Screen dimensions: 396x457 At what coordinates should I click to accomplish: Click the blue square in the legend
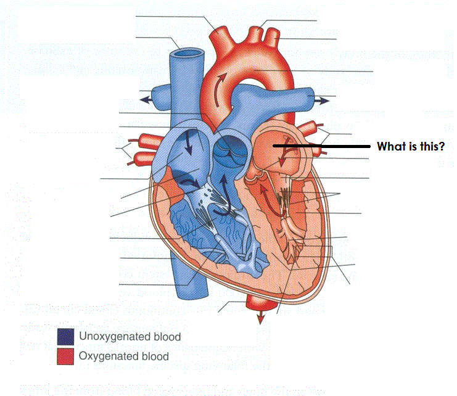click(x=65, y=336)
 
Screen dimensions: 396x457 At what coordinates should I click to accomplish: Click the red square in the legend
click(x=65, y=356)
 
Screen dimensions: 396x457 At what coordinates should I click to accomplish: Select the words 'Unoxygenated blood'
click(x=130, y=337)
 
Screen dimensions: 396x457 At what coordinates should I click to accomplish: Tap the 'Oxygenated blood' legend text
click(x=123, y=356)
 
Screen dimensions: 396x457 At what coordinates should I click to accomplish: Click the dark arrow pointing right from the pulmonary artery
click(x=322, y=98)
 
